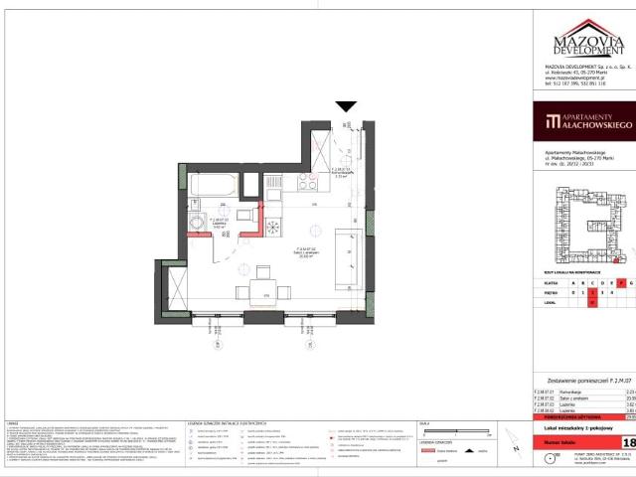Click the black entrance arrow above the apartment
click(x=346, y=106)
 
